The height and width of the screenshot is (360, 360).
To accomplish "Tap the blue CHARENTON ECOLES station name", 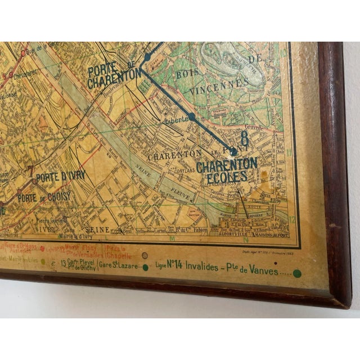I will point(226,169).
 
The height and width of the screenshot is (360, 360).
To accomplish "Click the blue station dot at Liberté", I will point(192,116).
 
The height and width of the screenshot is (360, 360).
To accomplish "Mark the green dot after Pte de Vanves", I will point(297,273).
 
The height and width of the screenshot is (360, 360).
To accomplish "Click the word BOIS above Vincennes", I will point(188,74).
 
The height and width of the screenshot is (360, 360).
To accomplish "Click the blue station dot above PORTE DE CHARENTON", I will point(147,57).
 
